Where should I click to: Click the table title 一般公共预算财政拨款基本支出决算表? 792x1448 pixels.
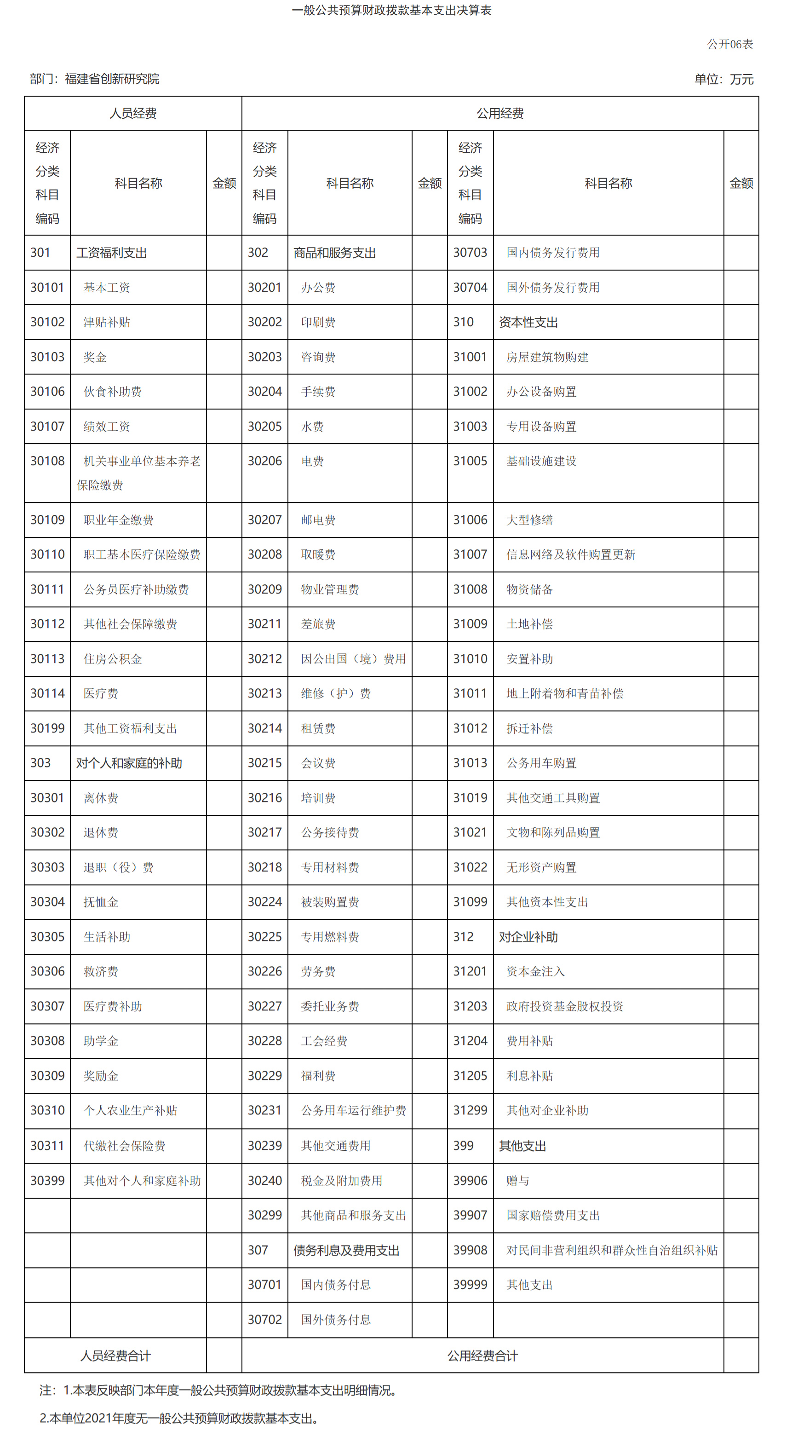(391, 10)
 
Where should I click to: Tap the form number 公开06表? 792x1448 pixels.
(729, 44)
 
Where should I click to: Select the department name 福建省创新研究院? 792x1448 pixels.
(112, 79)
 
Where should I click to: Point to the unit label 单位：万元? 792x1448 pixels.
(723, 79)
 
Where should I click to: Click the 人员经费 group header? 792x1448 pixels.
(132, 113)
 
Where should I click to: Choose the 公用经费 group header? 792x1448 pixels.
(500, 113)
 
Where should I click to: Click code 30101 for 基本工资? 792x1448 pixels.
(47, 287)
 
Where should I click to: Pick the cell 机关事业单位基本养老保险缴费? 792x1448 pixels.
(138, 473)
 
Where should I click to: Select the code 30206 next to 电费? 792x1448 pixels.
(264, 461)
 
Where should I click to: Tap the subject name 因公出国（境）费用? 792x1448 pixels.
(353, 659)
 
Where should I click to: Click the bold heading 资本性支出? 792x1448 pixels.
(528, 322)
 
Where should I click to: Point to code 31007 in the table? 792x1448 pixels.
(470, 554)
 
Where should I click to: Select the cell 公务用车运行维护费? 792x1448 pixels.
(353, 1110)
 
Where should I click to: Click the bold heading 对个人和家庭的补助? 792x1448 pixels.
(129, 763)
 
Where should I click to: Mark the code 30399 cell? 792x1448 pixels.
(47, 1180)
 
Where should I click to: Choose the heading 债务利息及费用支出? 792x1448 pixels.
(346, 1250)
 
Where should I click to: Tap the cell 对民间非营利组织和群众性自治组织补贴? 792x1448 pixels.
(612, 1250)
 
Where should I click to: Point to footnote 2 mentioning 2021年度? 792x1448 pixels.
(178, 1418)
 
